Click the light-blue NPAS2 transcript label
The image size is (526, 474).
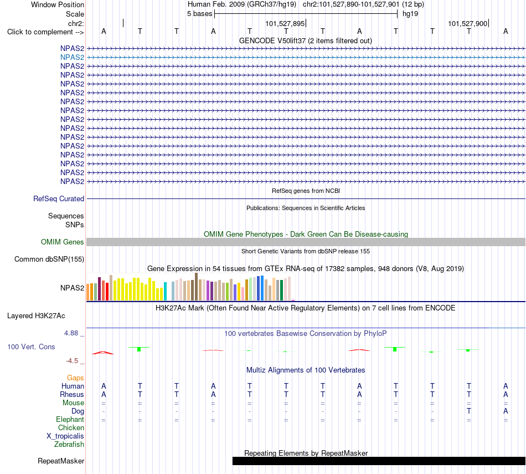72,57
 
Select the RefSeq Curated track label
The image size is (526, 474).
59,198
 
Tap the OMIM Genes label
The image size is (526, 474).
63,242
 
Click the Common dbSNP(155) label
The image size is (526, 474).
49,259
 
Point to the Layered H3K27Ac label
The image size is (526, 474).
36,316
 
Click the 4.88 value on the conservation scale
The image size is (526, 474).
71,333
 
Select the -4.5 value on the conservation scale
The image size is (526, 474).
72,361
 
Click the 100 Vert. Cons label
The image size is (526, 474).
31,346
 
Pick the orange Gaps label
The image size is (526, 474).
75,378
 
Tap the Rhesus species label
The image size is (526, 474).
72,394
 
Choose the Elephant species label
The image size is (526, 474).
70,419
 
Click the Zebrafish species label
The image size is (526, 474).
69,444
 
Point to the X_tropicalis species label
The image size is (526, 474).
65,436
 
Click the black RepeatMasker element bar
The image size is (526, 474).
379,461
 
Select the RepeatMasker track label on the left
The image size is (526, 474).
61,461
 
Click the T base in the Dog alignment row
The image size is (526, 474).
469,411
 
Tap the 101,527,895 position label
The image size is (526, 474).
285,23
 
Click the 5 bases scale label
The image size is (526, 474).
199,14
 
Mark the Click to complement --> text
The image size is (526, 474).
45,32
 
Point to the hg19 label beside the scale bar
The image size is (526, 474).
410,14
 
